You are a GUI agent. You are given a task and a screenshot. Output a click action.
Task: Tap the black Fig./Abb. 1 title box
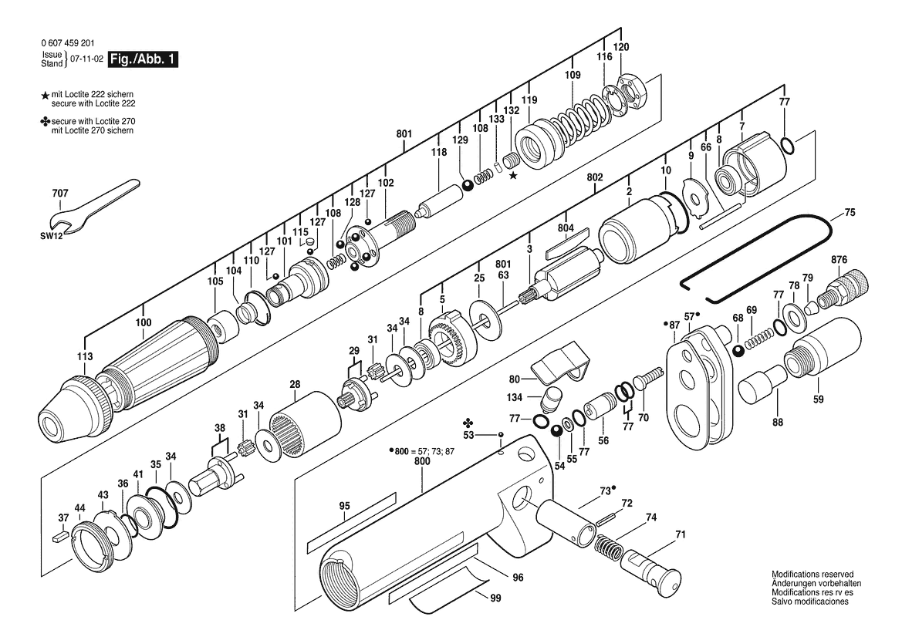pyautogui.click(x=143, y=59)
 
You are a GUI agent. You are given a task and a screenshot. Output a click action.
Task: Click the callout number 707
pyautogui.click(x=60, y=193)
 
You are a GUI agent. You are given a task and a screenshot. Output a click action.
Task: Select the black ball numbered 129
pyautogui.click(x=467, y=186)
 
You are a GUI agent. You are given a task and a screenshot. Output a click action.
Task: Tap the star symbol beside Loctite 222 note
pyautogui.click(x=46, y=96)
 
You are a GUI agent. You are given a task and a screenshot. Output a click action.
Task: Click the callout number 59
pyautogui.click(x=819, y=399)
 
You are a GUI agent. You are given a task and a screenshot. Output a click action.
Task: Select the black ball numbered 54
pyautogui.click(x=557, y=431)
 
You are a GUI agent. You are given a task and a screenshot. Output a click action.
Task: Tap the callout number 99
pyautogui.click(x=496, y=598)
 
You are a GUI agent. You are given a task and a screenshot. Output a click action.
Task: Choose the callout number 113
pyautogui.click(x=85, y=356)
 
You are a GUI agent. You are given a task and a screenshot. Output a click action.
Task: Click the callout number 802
pyautogui.click(x=595, y=177)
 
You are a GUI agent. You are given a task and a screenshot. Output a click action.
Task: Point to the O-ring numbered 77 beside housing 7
pyautogui.click(x=789, y=145)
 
